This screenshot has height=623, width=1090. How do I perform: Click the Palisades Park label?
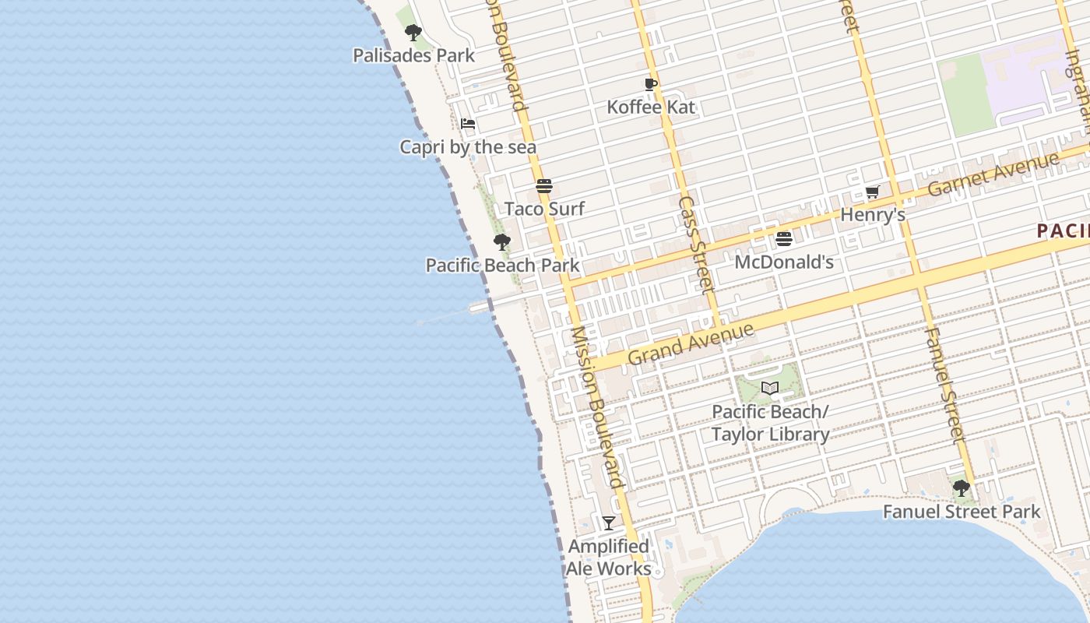(x=413, y=55)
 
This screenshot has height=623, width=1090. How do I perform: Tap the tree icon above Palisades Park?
(x=413, y=33)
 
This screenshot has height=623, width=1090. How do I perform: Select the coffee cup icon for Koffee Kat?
(x=651, y=84)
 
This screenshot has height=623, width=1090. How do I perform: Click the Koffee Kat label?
(x=651, y=107)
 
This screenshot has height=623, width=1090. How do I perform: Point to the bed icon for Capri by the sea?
(x=468, y=124)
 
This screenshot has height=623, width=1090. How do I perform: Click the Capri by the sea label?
(x=468, y=146)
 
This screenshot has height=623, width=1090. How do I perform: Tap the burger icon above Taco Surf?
(x=544, y=186)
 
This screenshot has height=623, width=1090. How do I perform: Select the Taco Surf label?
(x=544, y=209)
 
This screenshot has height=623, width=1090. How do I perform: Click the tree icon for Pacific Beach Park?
(x=502, y=242)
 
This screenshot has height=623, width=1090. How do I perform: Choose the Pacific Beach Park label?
(x=502, y=265)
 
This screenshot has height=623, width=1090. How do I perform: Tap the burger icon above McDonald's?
(x=784, y=239)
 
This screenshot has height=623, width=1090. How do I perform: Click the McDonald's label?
(x=784, y=262)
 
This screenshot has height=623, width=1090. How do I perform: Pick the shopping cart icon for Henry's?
(x=873, y=192)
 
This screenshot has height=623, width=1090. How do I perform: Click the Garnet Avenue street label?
(x=993, y=174)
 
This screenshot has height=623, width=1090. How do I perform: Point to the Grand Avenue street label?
(x=691, y=344)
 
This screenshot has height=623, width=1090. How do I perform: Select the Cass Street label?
(x=696, y=245)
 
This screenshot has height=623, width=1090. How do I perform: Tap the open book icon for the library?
(x=770, y=388)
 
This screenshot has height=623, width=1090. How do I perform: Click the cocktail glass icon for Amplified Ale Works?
(x=609, y=523)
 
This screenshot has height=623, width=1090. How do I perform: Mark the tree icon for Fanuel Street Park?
(x=962, y=488)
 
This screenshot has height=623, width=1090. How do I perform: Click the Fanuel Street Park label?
(x=962, y=512)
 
